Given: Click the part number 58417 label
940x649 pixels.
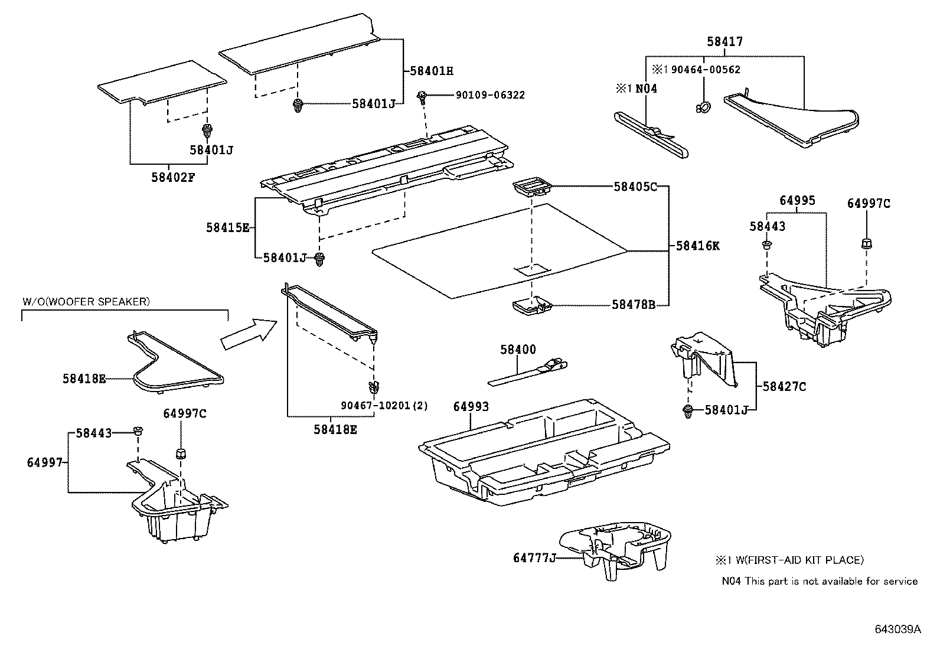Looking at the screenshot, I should [725, 42].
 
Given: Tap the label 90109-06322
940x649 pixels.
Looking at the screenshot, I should [489, 95].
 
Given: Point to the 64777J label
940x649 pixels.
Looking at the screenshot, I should [535, 557].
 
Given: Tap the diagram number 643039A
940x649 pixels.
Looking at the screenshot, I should [897, 629].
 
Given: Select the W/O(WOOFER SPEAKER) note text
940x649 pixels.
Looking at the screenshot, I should [86, 301].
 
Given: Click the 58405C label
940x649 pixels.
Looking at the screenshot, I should [635, 187].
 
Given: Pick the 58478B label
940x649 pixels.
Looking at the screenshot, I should [634, 305].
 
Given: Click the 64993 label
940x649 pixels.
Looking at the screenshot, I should [471, 406].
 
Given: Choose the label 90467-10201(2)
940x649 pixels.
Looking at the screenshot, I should [384, 406].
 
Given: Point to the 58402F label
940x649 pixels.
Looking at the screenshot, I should [172, 176].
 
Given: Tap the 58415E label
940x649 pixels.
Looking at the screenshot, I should [228, 227].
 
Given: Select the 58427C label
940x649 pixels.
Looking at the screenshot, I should [784, 387].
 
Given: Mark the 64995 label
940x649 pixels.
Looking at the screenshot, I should [797, 200].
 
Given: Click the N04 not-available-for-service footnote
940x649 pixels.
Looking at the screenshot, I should [820, 581].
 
